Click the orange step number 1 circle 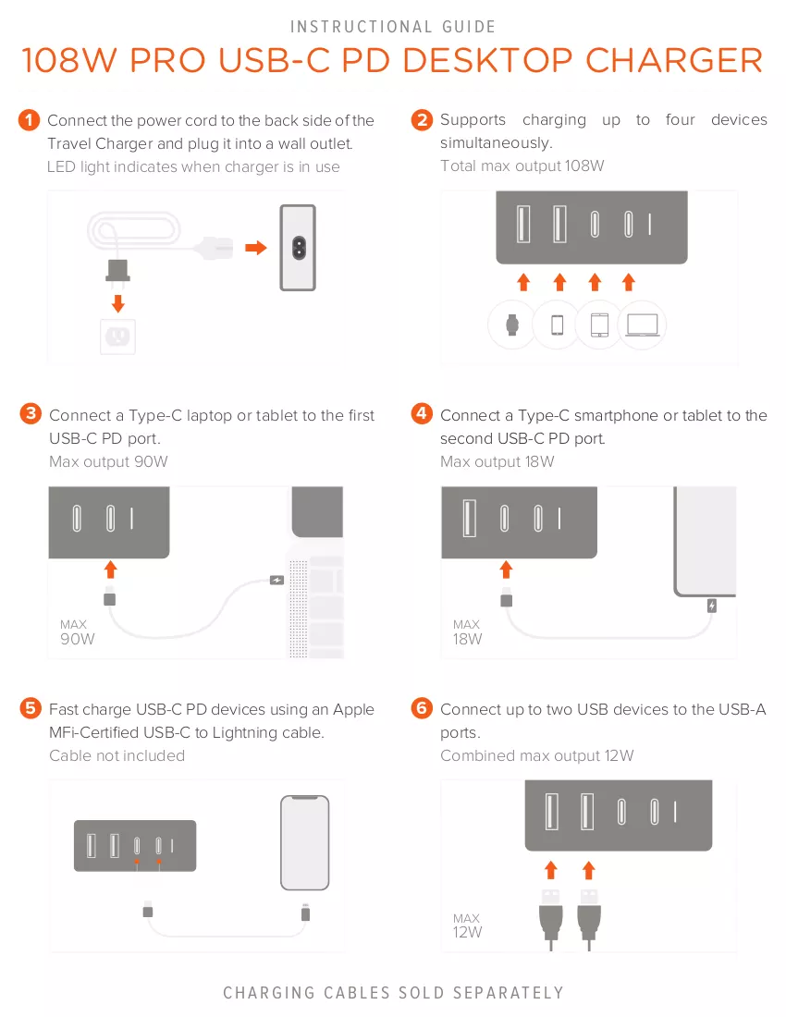click(30, 120)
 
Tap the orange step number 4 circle click(423, 413)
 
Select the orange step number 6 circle click(423, 707)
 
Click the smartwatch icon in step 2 click(512, 325)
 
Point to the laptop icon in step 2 click(642, 325)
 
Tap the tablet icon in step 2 click(600, 325)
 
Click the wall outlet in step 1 click(118, 336)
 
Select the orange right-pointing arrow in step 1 click(256, 247)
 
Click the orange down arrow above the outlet click(118, 303)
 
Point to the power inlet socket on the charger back click(299, 248)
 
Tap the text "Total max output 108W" click(522, 166)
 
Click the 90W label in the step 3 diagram click(77, 639)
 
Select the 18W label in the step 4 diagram click(468, 639)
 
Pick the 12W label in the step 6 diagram click(468, 932)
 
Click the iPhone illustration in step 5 click(305, 842)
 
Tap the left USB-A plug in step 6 click(551, 919)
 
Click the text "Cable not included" click(117, 755)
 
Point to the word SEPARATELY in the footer click(509, 993)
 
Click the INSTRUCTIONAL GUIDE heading click(393, 27)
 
